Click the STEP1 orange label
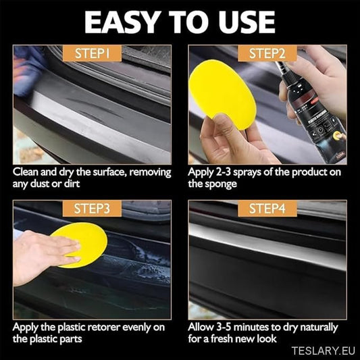tap(92, 53)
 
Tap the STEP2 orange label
tap(267, 53)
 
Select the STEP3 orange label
tap(92, 209)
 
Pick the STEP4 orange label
tap(267, 209)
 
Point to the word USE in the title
tap(247, 22)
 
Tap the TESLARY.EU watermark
tap(324, 351)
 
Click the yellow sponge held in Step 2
tap(222, 93)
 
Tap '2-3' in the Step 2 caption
tap(223, 172)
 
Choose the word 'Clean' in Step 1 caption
tap(25, 172)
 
